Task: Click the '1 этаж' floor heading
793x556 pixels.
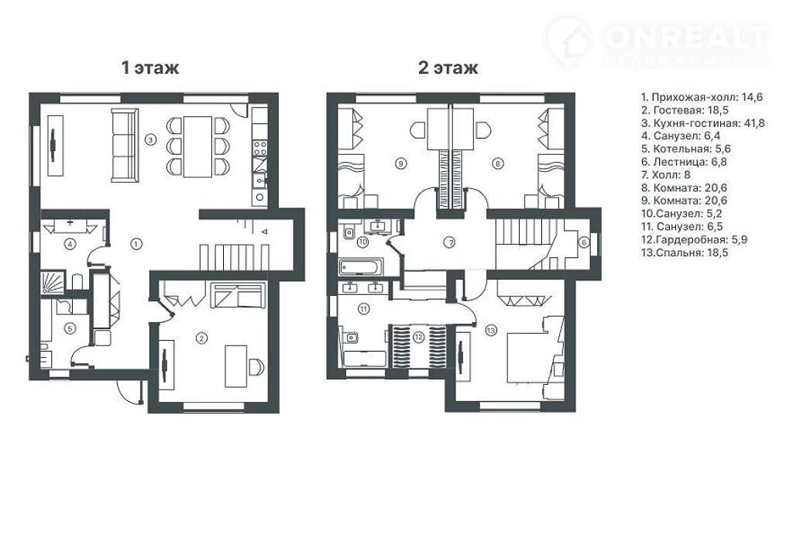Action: click(150, 67)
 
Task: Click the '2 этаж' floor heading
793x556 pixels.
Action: click(448, 67)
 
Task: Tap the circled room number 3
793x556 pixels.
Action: click(149, 139)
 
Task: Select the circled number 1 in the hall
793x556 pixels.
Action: click(136, 244)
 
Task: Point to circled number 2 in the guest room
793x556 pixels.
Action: click(202, 338)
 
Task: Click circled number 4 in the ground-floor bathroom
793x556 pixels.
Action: click(70, 245)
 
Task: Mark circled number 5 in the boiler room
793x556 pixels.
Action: click(70, 328)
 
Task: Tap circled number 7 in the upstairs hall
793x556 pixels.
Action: click(450, 242)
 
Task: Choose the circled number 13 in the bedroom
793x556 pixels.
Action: click(490, 331)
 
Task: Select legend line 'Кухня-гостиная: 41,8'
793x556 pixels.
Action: click(702, 123)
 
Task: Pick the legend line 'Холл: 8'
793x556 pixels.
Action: click(665, 175)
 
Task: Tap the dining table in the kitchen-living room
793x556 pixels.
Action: click(197, 146)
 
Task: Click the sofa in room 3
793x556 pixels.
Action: click(125, 146)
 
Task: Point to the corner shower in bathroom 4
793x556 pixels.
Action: click(52, 283)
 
